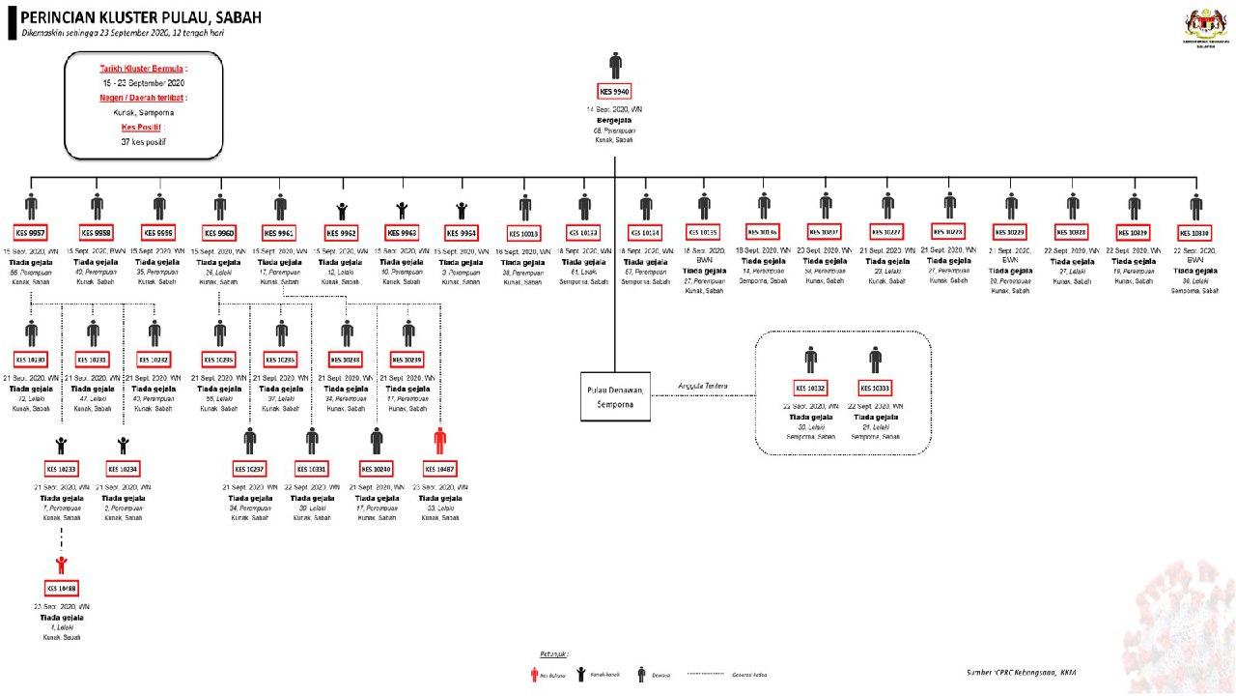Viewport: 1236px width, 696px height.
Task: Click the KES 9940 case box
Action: (x=615, y=92)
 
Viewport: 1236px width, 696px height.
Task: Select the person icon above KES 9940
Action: (x=615, y=66)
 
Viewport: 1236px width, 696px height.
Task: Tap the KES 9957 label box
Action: (x=31, y=233)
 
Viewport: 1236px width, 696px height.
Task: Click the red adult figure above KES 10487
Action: (x=440, y=441)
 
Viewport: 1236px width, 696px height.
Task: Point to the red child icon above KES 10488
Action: (x=62, y=565)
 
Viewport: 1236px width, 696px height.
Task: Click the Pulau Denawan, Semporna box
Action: (x=615, y=395)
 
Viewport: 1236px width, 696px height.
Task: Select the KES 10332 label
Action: (x=810, y=388)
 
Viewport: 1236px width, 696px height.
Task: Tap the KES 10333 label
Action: (x=875, y=388)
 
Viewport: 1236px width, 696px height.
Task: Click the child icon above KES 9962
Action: (x=342, y=210)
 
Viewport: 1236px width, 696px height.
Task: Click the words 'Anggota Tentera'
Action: (x=702, y=386)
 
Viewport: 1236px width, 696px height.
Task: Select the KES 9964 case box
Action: (x=462, y=233)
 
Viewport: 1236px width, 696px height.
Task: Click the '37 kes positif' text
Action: (x=143, y=141)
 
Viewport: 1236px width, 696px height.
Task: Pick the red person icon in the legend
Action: (x=534, y=674)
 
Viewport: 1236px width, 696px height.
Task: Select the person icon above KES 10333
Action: (x=875, y=360)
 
